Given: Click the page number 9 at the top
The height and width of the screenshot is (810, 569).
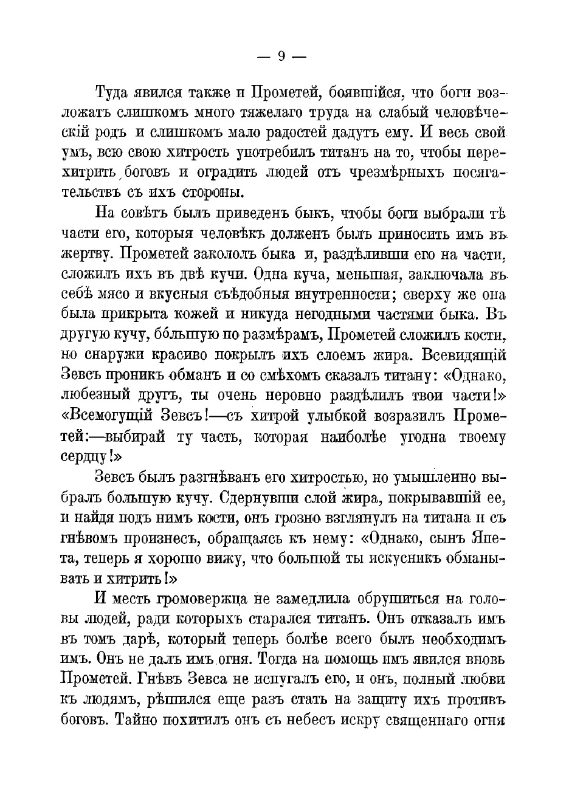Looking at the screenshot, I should coord(281,57).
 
